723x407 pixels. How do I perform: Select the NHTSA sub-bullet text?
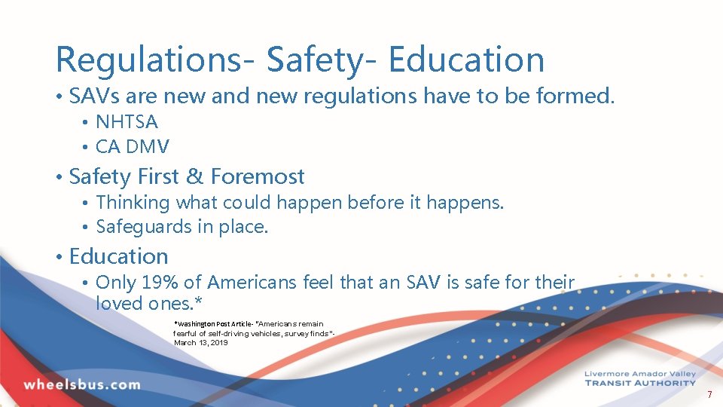[x=127, y=122]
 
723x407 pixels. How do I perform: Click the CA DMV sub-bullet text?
[x=133, y=146]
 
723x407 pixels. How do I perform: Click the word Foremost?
[x=258, y=177]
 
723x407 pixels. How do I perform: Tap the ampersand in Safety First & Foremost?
[x=194, y=177]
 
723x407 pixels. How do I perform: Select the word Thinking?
[x=133, y=203]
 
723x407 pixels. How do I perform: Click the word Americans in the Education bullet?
[x=252, y=283]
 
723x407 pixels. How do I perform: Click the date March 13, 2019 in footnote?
[x=200, y=343]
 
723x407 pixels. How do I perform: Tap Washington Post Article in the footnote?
[x=215, y=323]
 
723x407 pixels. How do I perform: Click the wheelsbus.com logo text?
[x=82, y=384]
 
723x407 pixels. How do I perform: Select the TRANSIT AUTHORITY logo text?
[x=640, y=383]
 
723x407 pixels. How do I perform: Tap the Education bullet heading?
[x=118, y=256]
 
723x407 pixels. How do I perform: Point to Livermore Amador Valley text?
[x=640, y=374]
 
